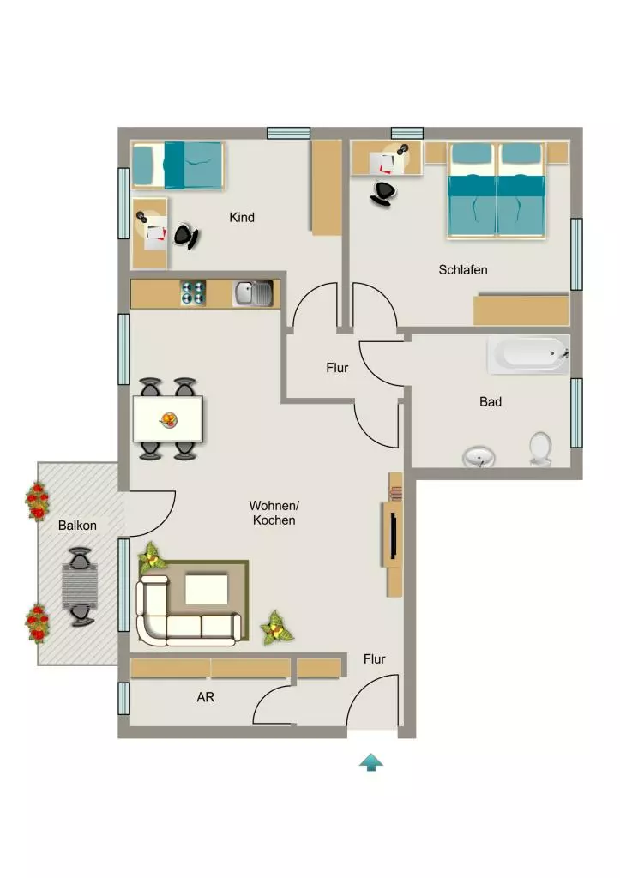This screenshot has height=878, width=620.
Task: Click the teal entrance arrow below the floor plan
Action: click(370, 762)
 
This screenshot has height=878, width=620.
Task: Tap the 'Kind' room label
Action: click(242, 217)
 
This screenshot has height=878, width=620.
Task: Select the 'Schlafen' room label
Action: click(462, 270)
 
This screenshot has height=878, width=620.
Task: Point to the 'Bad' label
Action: click(490, 401)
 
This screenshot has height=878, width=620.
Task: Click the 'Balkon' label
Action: click(77, 526)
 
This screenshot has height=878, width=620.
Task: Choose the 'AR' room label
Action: click(206, 697)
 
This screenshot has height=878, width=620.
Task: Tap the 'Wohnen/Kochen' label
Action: click(274, 513)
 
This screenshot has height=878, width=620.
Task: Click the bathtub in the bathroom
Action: click(528, 355)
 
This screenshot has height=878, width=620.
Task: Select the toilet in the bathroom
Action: click(540, 448)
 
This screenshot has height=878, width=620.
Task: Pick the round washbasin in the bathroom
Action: click(479, 457)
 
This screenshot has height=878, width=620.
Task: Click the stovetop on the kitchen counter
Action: click(193, 293)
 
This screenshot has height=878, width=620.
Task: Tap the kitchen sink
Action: click(253, 294)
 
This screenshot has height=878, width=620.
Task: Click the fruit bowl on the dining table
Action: click(168, 419)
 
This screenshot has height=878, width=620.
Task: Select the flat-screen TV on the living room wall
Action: click(394, 536)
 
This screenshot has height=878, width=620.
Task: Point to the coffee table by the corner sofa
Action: click(207, 589)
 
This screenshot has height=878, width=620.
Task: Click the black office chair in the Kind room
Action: click(186, 237)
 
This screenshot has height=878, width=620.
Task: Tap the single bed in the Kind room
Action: click(178, 165)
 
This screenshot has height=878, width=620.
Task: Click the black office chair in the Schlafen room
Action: click(383, 193)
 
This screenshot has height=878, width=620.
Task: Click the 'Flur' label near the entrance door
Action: click(374, 659)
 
